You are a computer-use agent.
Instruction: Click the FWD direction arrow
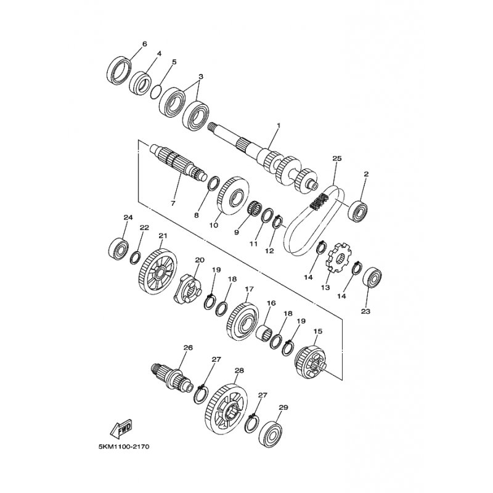pos(121,429)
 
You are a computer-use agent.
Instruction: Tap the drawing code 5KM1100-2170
pos(124,446)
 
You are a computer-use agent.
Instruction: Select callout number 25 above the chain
pos(336,158)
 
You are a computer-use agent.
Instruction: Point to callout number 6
pos(145,44)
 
